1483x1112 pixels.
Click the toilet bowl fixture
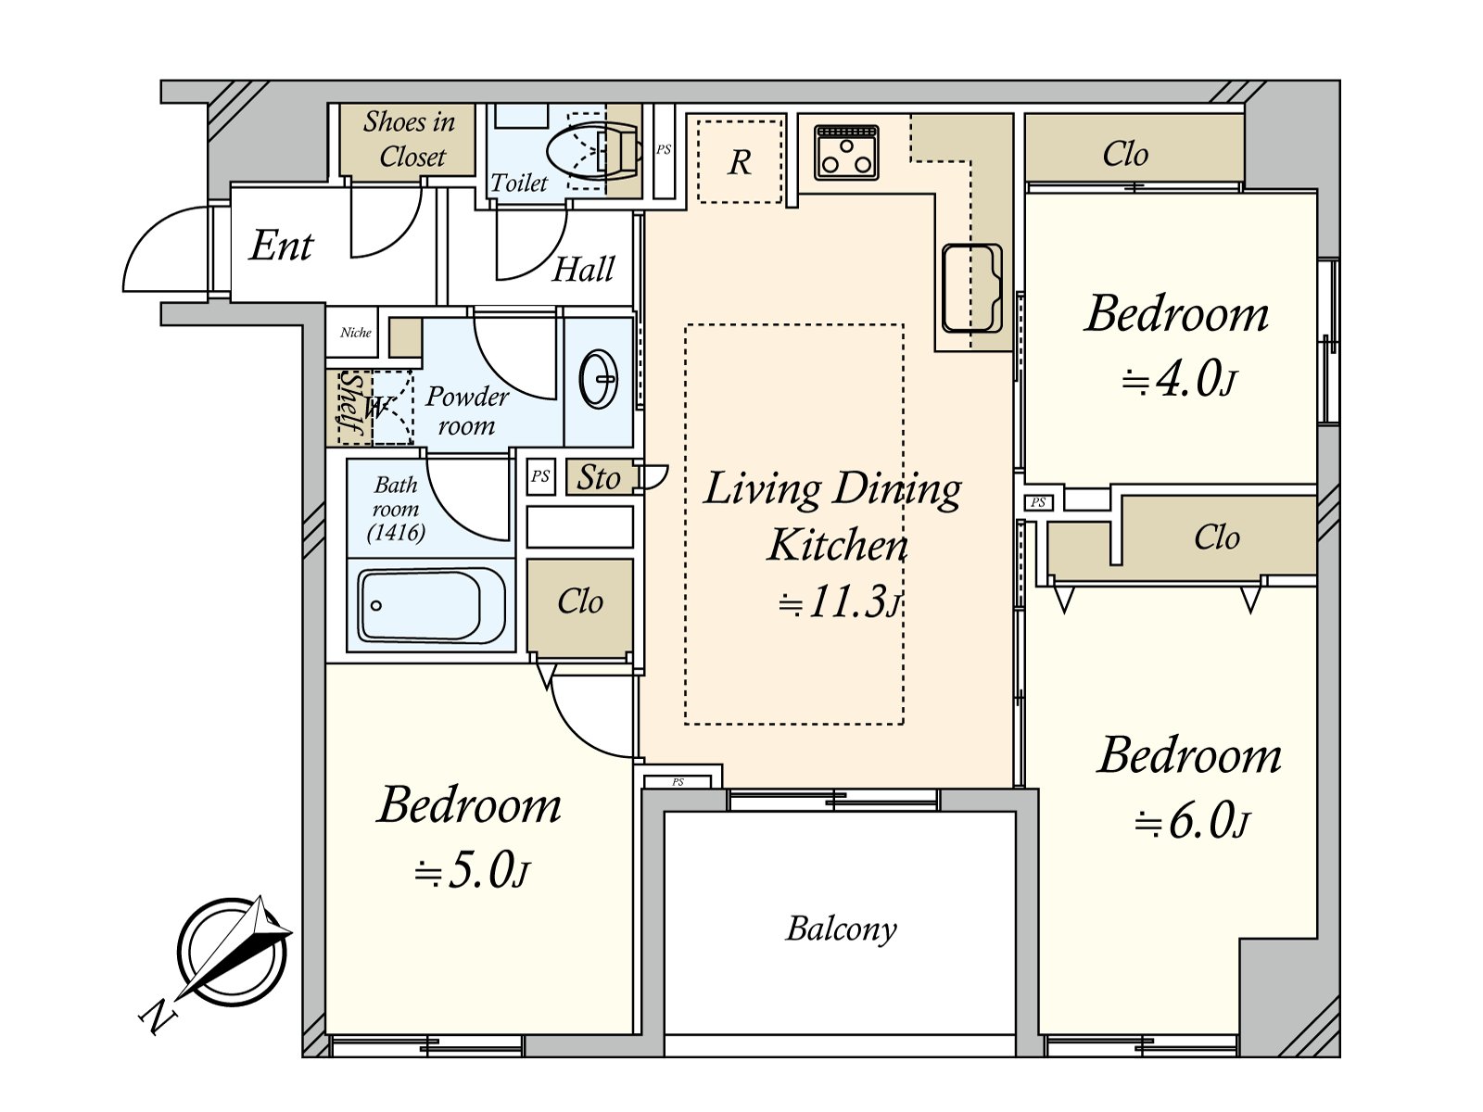pos(592,151)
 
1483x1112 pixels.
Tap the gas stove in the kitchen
pos(846,153)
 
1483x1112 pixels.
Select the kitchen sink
pos(971,288)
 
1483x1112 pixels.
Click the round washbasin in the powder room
pos(599,379)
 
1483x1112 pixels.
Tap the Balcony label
pos(841,929)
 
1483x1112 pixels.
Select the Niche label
pos(355,332)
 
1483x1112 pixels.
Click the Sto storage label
pos(598,478)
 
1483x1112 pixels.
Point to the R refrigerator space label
pos(740,162)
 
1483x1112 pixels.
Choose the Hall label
pos(583,269)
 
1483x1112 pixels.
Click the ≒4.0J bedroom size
pos(1179,379)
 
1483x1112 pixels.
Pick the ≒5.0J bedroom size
pos(471,871)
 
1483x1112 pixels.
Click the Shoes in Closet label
pos(410,139)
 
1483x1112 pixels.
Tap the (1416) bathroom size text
pos(396,533)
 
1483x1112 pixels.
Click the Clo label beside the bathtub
pos(579,600)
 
